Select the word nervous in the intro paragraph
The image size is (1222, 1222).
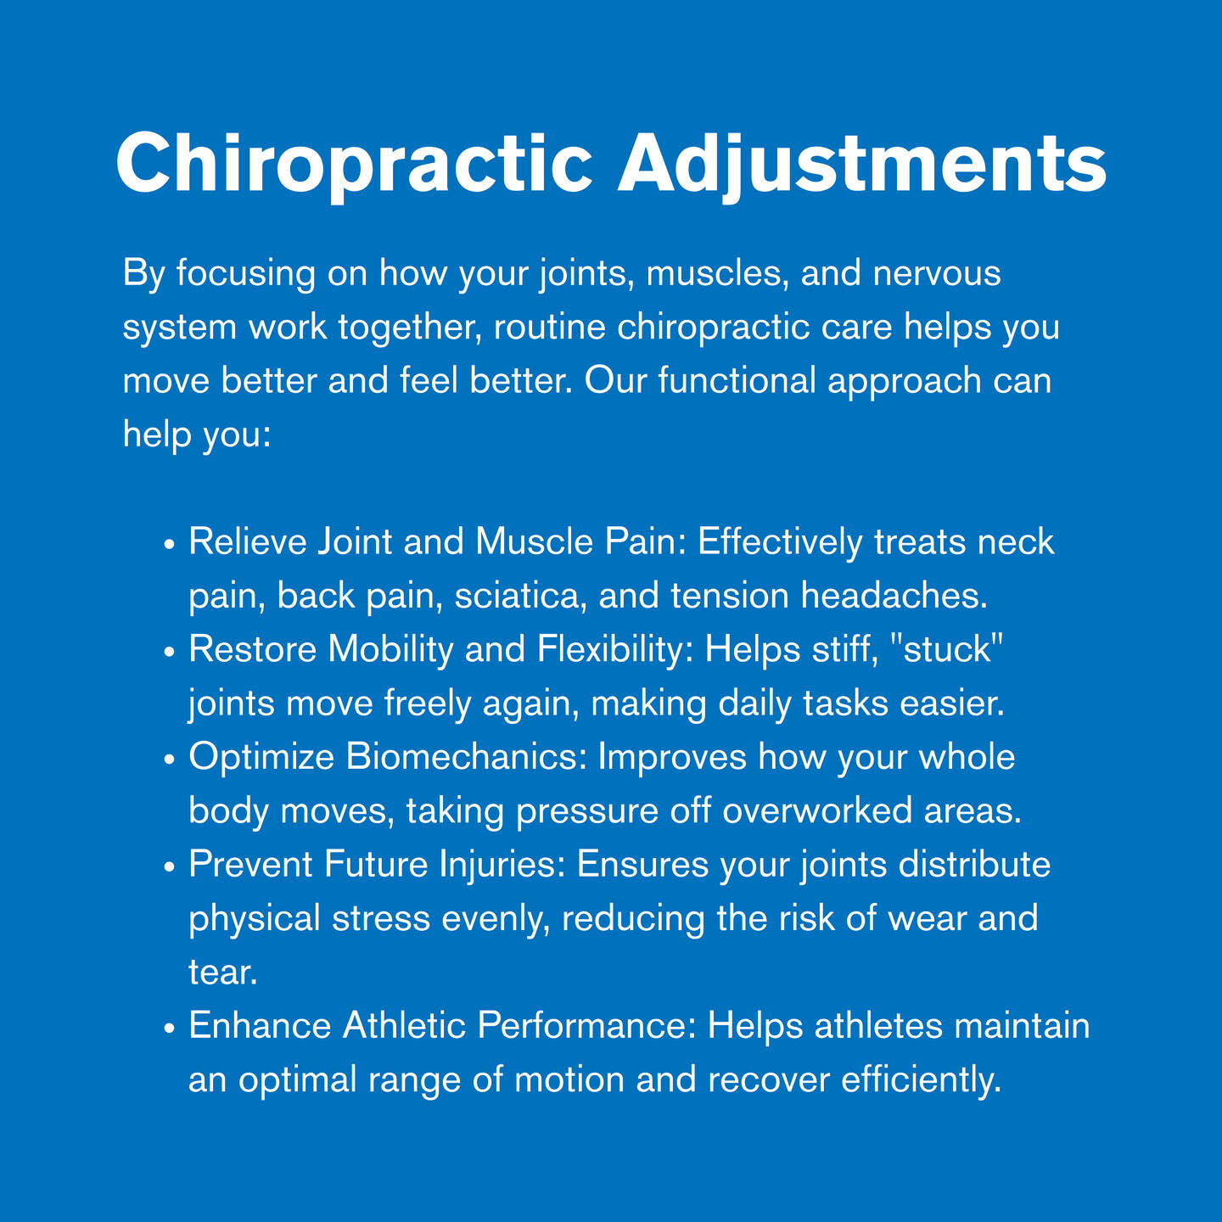point(937,275)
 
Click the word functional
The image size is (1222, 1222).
point(737,381)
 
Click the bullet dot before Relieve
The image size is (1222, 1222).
point(169,545)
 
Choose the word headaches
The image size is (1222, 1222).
point(894,596)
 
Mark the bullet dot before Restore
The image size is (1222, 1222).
point(169,652)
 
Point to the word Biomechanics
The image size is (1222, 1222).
point(467,757)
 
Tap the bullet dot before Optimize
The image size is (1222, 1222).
point(169,760)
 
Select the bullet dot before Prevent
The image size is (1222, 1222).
point(169,867)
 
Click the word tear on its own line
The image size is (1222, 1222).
point(222,973)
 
